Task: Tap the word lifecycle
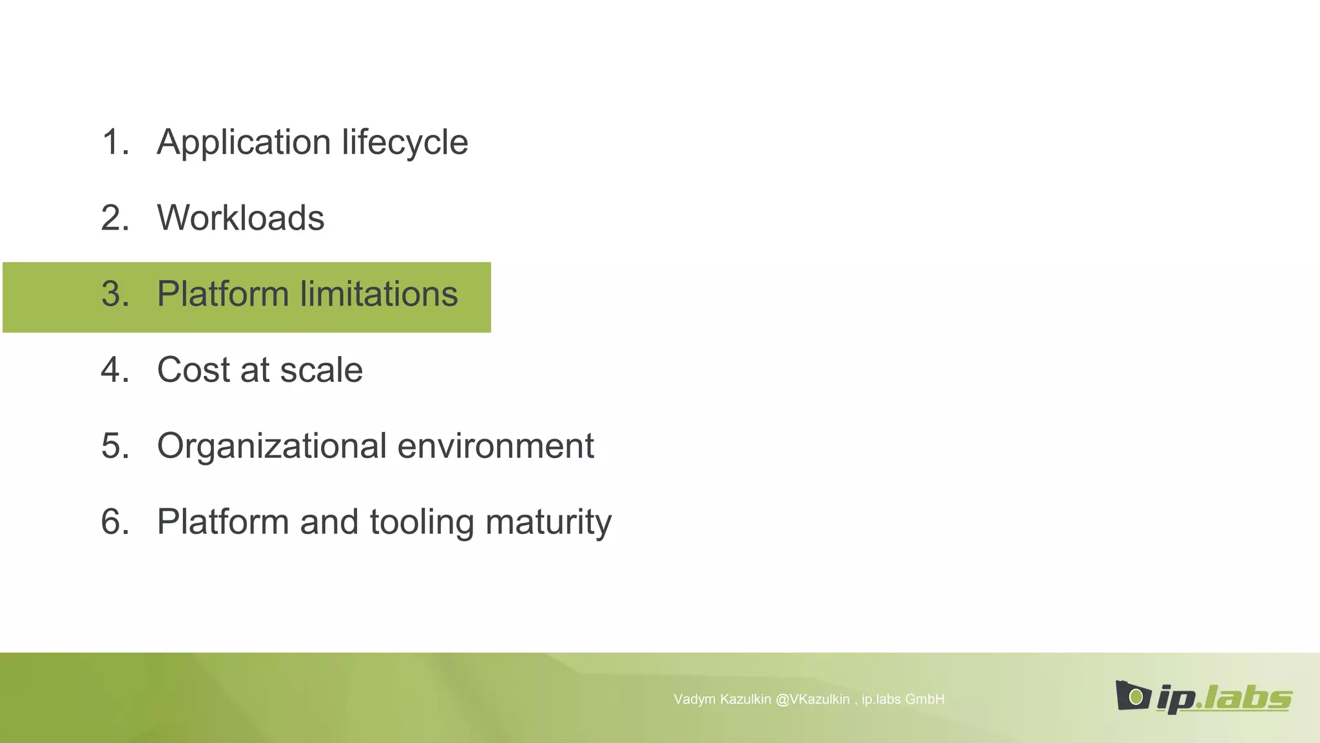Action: pyautogui.click(x=405, y=143)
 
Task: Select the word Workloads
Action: pyautogui.click(x=240, y=218)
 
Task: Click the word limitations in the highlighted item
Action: pyautogui.click(x=379, y=294)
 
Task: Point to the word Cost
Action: pyautogui.click(x=193, y=370)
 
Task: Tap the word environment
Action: pyautogui.click(x=496, y=446)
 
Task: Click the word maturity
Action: pyautogui.click(x=548, y=522)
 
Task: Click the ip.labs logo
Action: pyautogui.click(x=1203, y=697)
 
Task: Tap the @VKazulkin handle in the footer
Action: pyautogui.click(x=812, y=699)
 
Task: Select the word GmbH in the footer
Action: pyautogui.click(x=924, y=699)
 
